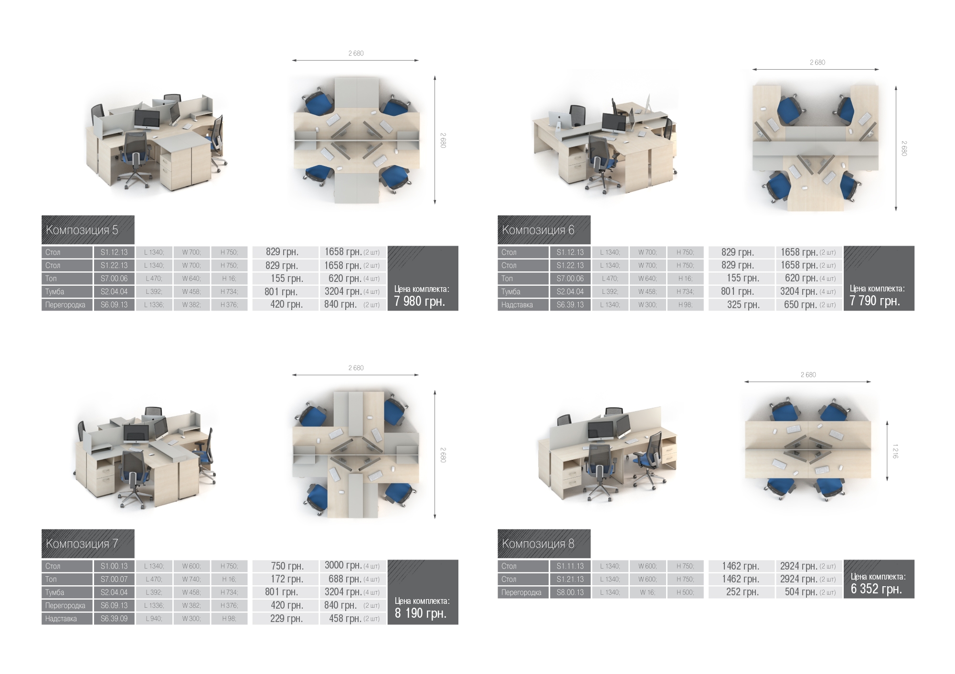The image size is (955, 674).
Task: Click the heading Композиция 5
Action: coord(82,230)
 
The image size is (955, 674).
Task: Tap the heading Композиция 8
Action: coord(538,544)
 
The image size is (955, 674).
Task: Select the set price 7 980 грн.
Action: coord(419,301)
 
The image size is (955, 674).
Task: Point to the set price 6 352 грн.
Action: coord(876,589)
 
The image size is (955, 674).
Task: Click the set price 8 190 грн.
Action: coord(420,613)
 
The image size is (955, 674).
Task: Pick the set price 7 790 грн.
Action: coord(875,301)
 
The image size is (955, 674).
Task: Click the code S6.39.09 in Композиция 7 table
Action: coord(114,619)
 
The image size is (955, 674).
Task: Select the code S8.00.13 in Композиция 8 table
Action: coord(570,592)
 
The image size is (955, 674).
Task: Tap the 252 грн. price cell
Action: coord(743,592)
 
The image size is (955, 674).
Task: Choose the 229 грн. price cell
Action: coord(286,619)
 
